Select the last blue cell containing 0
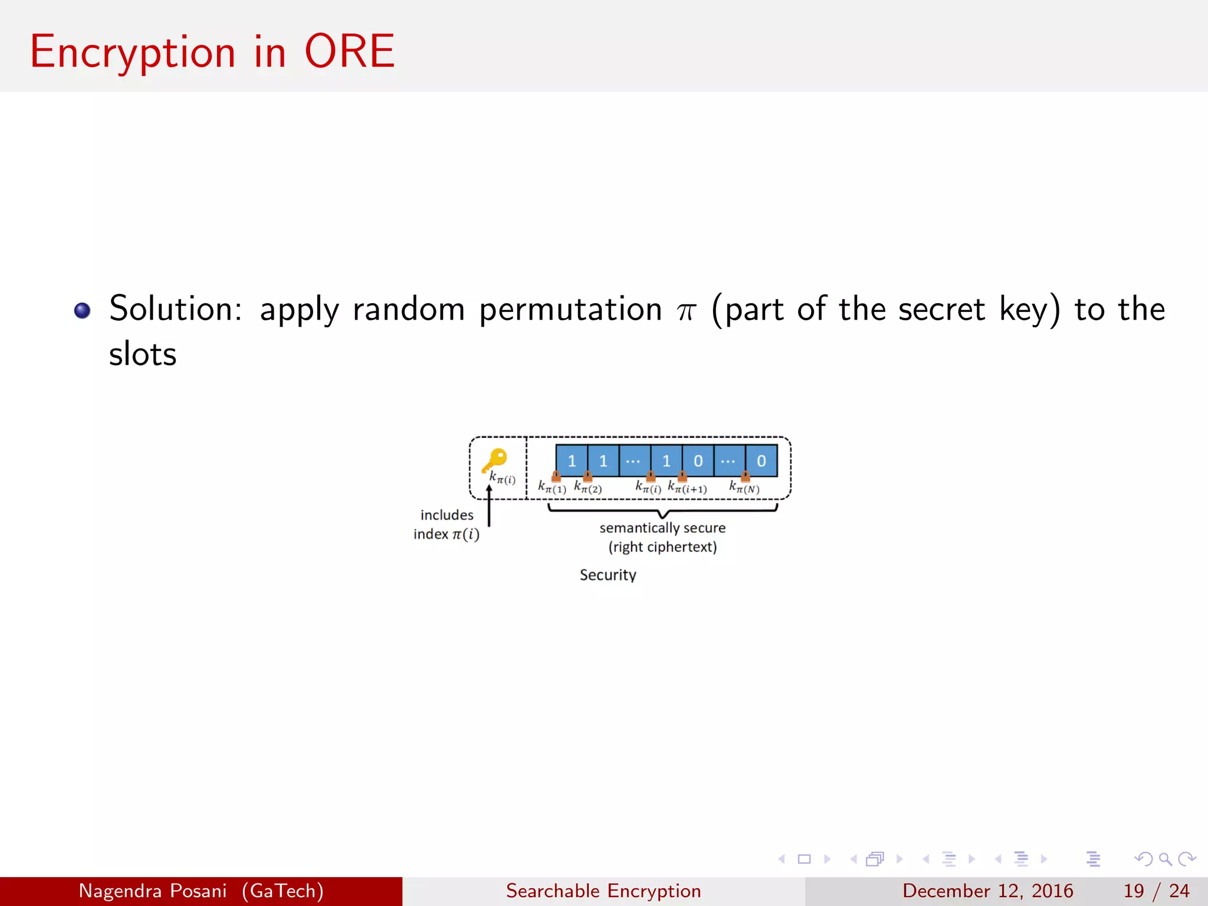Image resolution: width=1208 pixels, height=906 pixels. pyautogui.click(x=761, y=461)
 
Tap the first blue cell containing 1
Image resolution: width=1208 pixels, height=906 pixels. pyautogui.click(x=572, y=461)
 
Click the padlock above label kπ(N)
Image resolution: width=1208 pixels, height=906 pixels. pyautogui.click(x=745, y=475)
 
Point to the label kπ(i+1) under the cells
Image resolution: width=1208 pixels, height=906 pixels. pyautogui.click(x=687, y=488)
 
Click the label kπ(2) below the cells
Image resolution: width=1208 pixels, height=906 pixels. pyautogui.click(x=587, y=488)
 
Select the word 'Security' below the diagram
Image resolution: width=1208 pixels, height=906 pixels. pyautogui.click(x=608, y=575)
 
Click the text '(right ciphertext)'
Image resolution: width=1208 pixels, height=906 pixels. pyautogui.click(x=662, y=547)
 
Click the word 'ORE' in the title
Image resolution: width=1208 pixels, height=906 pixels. pyautogui.click(x=349, y=52)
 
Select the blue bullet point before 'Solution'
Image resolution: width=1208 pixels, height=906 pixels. pyautogui.click(x=82, y=310)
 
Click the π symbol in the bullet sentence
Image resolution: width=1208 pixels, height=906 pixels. pyautogui.click(x=686, y=311)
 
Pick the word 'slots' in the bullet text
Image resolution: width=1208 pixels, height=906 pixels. pyautogui.click(x=143, y=354)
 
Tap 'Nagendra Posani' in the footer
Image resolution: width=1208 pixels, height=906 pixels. pyautogui.click(x=153, y=891)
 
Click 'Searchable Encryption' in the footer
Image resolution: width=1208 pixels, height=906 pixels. pyautogui.click(x=603, y=891)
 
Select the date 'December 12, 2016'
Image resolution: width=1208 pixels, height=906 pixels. pyautogui.click(x=987, y=891)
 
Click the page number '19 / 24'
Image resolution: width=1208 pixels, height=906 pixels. pyautogui.click(x=1156, y=891)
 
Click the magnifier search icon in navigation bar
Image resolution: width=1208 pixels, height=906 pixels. pyautogui.click(x=1165, y=859)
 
